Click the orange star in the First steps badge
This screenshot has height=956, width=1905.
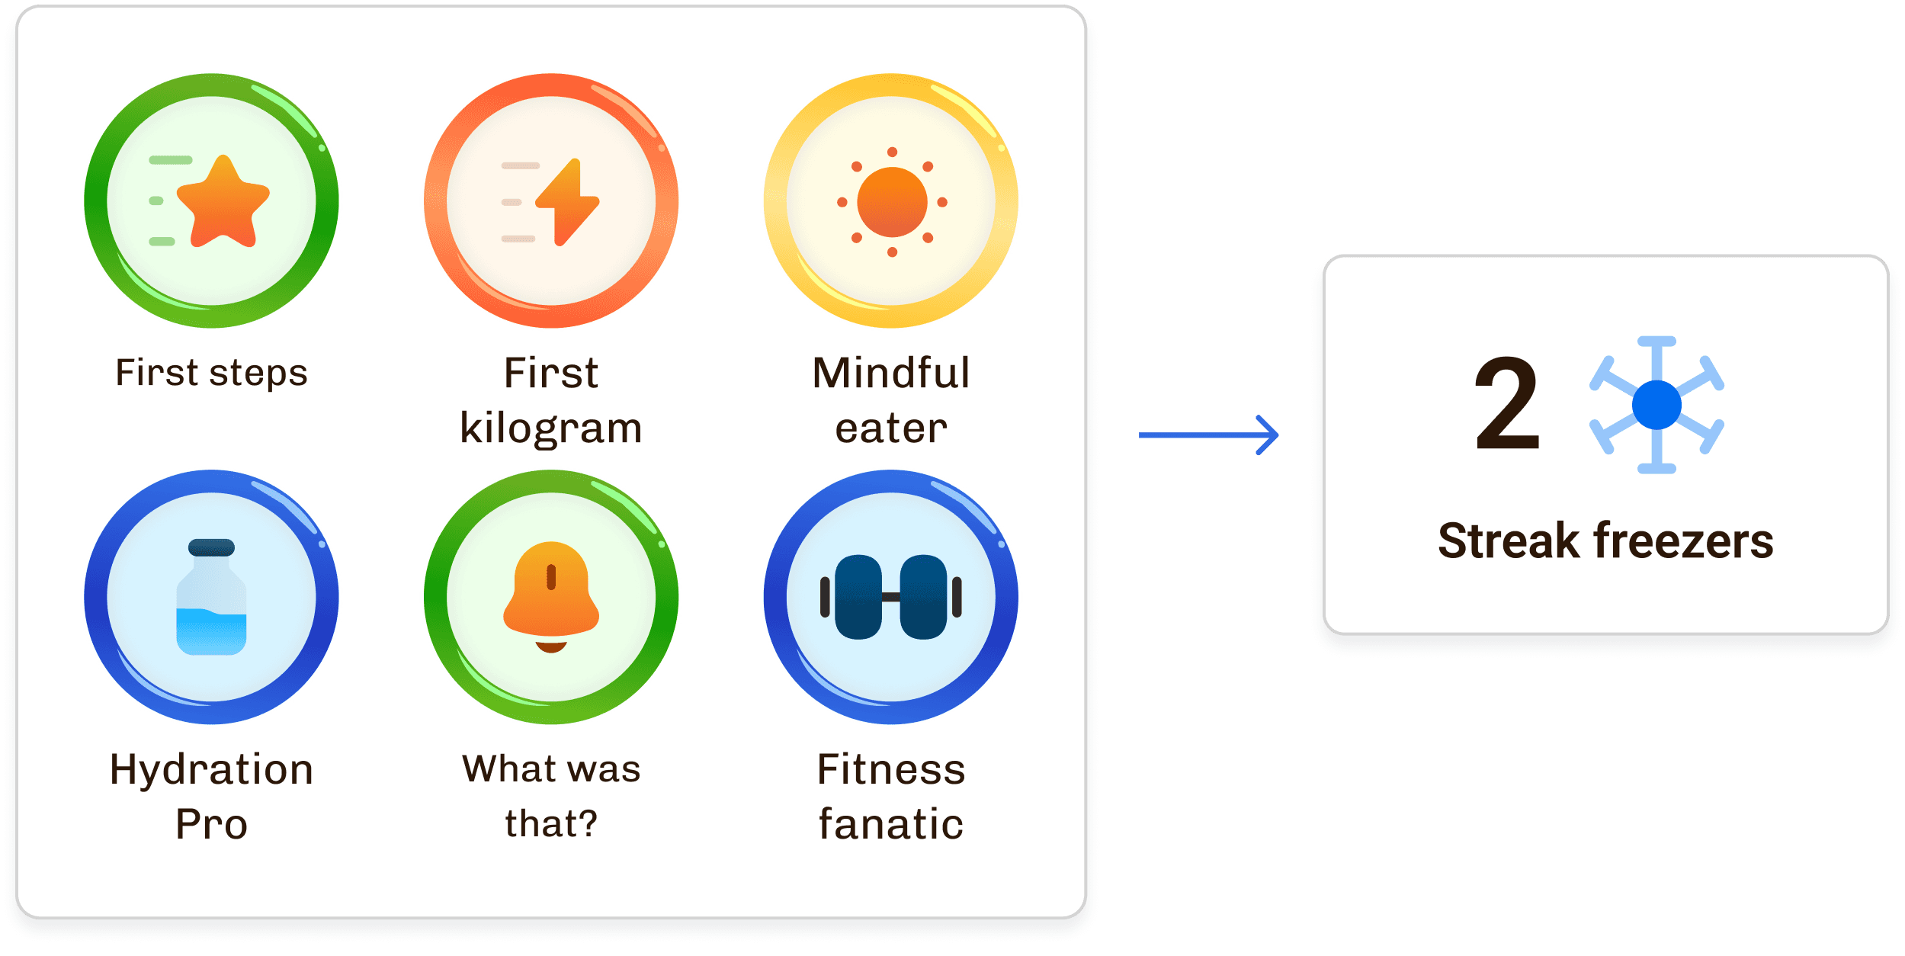pos(223,202)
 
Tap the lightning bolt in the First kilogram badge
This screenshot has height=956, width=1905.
pos(567,202)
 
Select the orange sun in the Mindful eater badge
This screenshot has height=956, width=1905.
pos(892,202)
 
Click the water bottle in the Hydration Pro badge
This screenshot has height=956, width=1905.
pos(211,606)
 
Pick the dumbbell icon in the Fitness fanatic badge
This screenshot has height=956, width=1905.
pos(890,597)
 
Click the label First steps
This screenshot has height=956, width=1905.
pos(211,373)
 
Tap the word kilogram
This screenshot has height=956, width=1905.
pos(551,428)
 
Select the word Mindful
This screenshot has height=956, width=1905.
pos(891,373)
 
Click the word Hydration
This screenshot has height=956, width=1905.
pos(211,769)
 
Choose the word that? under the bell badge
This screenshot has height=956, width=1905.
pos(551,824)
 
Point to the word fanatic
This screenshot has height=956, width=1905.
pos(891,824)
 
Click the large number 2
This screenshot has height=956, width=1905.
pos(1507,404)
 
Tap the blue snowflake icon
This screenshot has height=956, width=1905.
pos(1656,405)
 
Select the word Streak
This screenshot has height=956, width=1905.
pos(1509,541)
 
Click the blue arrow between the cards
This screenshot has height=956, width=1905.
pos(1208,435)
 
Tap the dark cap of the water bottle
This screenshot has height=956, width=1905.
pos(211,547)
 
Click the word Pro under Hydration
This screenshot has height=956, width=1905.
pos(211,824)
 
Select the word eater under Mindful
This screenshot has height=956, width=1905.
pos(891,428)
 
